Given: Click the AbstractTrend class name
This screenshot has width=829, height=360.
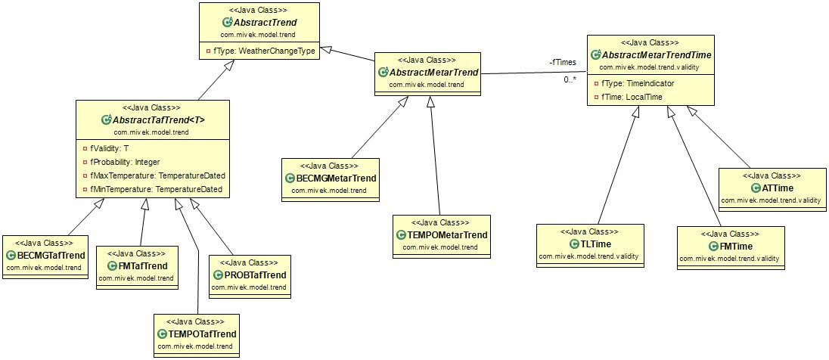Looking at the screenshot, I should click(x=264, y=23).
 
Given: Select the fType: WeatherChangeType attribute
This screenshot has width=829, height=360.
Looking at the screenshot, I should click(x=262, y=51).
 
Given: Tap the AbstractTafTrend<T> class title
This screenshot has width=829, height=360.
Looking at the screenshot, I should click(x=158, y=120).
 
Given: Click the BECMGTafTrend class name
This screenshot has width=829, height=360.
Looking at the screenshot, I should click(x=51, y=255).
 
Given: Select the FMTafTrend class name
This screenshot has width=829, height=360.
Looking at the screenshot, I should click(x=142, y=266).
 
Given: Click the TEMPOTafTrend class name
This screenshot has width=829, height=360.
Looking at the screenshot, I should click(x=202, y=334).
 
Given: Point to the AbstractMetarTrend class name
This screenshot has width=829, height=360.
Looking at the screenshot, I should click(x=433, y=73).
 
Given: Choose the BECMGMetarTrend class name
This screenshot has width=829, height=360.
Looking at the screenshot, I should click(x=336, y=178).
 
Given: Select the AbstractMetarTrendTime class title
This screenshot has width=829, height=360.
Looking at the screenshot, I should click(x=656, y=56).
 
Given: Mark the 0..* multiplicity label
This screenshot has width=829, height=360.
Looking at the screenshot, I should click(x=569, y=79).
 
